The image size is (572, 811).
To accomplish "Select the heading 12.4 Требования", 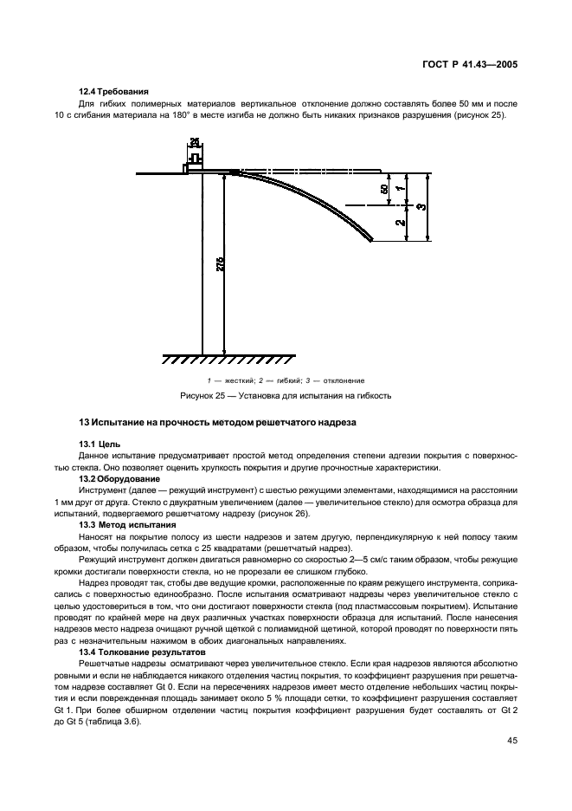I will point(112,90).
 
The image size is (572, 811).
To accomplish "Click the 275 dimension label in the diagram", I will point(220,263).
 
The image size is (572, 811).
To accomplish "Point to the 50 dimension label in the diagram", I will point(384,189).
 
